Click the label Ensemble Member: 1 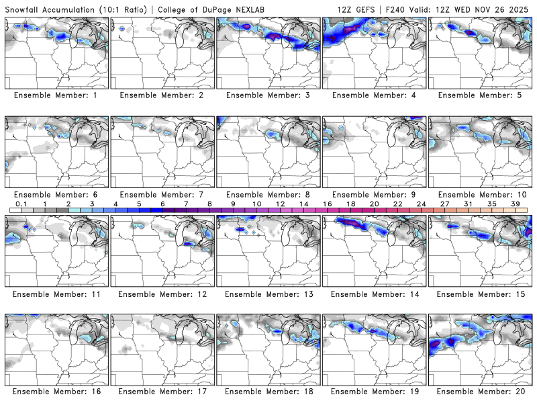tap(57, 95)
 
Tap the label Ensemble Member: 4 tap(375, 95)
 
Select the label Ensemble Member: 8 tap(268, 194)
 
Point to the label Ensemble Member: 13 tap(268, 294)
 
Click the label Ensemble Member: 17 tap(162, 392)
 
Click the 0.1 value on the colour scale tap(21, 204)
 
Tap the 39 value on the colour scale tap(515, 204)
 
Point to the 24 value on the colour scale tap(421, 204)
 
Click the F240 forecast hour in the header tap(399, 9)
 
